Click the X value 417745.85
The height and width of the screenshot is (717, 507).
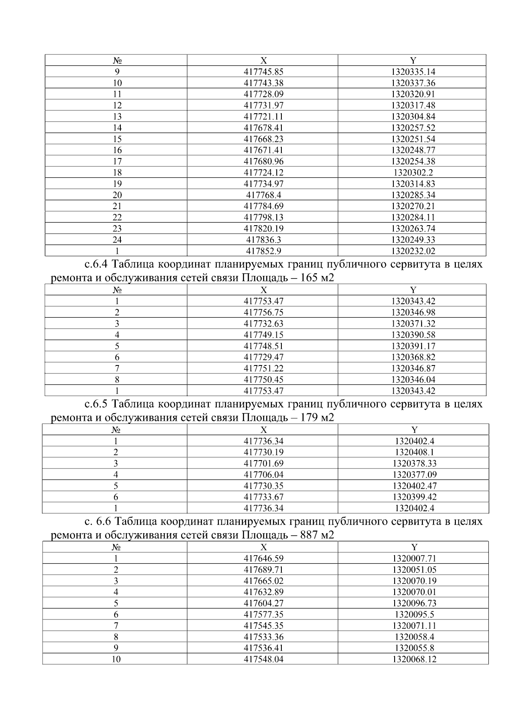263,72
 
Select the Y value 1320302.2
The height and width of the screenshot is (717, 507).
413,172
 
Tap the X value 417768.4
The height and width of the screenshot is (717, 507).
263,195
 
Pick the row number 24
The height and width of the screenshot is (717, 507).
117,240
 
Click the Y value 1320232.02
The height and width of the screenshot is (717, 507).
413,251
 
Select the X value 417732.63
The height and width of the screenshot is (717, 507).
263,324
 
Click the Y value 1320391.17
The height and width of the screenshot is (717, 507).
413,346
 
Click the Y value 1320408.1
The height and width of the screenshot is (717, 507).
414,452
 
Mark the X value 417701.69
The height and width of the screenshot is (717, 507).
263,463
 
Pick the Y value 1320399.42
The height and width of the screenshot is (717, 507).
414,497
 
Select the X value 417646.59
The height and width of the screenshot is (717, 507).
263,559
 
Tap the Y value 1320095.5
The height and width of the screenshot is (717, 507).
414,615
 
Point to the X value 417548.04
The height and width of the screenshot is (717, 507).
263,660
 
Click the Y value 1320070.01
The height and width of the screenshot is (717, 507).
414,592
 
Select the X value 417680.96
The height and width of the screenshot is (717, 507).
263,161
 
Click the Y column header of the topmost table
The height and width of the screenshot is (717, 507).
413,60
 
